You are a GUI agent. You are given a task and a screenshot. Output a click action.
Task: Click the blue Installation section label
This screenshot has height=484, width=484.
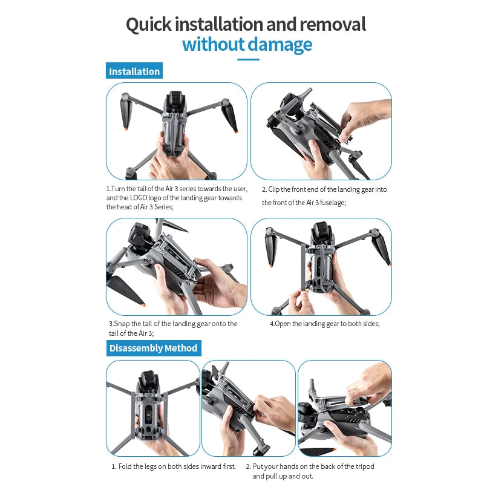(x=134, y=71)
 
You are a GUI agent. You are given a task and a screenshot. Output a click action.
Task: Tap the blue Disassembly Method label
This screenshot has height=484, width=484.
(x=154, y=348)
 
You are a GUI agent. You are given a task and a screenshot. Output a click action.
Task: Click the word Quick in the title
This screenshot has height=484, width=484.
(x=148, y=25)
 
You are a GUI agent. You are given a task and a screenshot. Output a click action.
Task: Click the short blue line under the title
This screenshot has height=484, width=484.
(x=248, y=59)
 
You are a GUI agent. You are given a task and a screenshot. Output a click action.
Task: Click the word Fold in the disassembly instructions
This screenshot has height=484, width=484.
(x=125, y=466)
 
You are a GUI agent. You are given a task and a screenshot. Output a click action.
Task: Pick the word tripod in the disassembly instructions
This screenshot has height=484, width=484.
(x=365, y=466)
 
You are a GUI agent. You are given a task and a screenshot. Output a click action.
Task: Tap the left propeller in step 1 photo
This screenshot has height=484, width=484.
(x=126, y=111)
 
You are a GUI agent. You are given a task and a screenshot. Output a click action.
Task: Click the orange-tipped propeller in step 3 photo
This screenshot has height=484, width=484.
(x=125, y=291)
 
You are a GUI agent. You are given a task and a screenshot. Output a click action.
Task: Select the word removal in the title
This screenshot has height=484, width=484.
(x=333, y=25)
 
